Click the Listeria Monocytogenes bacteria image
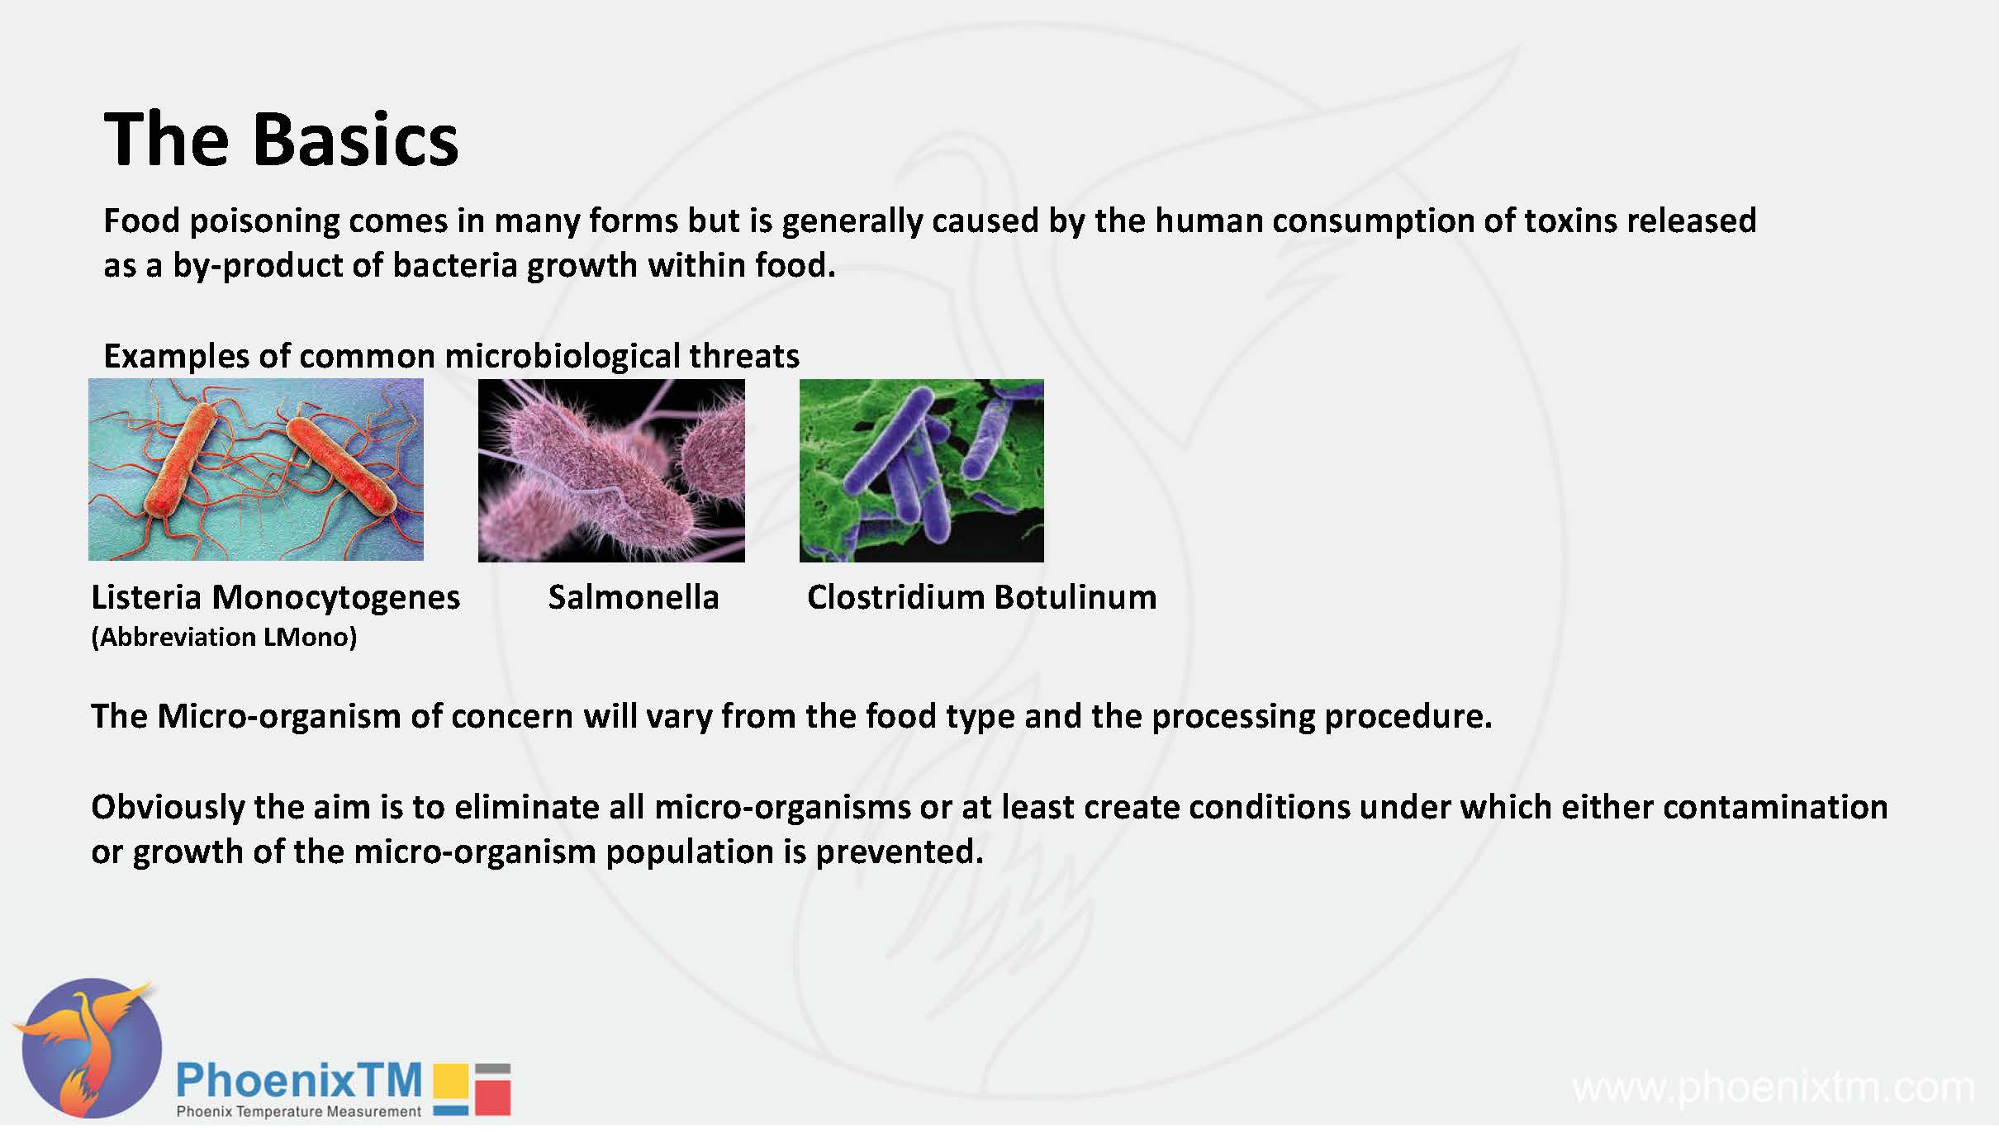tap(256, 470)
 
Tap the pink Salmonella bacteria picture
tap(611, 471)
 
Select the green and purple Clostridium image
tap(922, 471)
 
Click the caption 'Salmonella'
tap(634, 597)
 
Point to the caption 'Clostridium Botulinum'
tap(982, 597)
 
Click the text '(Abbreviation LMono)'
tap(224, 637)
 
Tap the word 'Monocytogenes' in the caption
tap(335, 599)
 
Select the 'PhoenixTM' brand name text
tap(299, 1079)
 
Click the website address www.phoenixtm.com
tap(1773, 1088)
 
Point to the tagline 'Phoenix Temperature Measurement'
tap(299, 1112)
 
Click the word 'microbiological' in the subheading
tap(562, 357)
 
